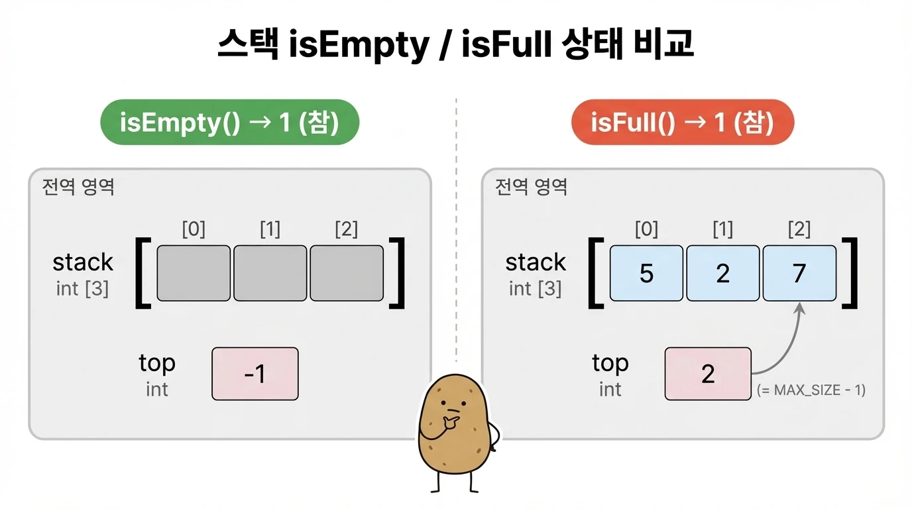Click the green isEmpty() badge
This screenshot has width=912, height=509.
(229, 122)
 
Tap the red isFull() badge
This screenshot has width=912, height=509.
(682, 122)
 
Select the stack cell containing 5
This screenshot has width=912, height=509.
(646, 273)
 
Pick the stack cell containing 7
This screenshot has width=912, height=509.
(799, 273)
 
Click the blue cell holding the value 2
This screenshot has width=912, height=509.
(723, 273)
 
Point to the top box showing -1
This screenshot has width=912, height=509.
(255, 374)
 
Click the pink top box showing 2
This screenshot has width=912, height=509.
(708, 374)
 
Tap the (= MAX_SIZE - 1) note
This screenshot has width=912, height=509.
(811, 390)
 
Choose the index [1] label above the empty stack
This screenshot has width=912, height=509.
(270, 229)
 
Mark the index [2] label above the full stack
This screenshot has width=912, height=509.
(799, 229)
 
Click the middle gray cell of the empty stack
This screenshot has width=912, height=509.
(270, 273)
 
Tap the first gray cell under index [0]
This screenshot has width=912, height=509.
(194, 273)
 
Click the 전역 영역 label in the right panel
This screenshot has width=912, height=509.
(532, 187)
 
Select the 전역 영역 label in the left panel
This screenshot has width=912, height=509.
(78, 187)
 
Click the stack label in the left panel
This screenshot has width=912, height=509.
(83, 262)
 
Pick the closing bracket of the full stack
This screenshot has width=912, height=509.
(850, 273)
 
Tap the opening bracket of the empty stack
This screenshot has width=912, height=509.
(143, 273)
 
